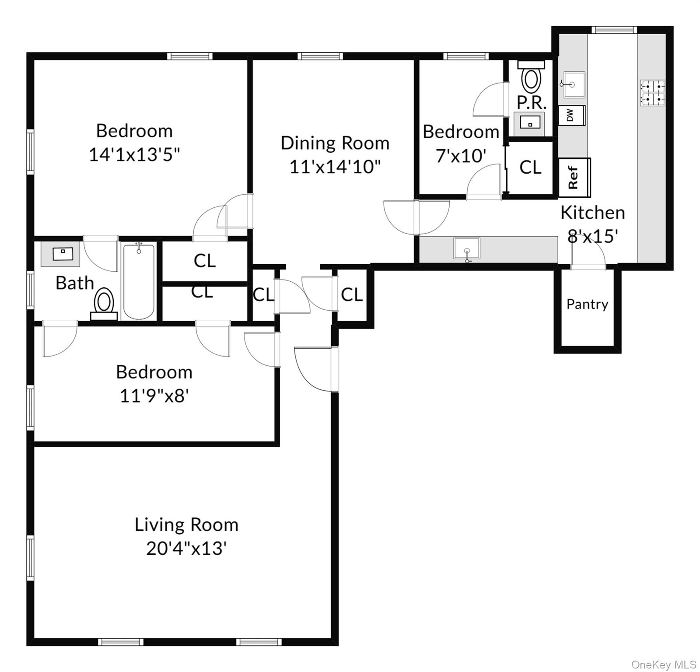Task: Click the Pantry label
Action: tap(587, 304)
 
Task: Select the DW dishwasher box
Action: tap(571, 115)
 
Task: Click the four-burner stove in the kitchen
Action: tap(652, 93)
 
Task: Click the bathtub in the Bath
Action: tap(139, 282)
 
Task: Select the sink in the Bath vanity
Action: tap(61, 253)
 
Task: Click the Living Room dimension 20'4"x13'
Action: tap(186, 548)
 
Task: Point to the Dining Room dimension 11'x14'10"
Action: tap(335, 167)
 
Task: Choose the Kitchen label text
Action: tap(592, 213)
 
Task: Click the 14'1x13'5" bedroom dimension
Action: tap(134, 154)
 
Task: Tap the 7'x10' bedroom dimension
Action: tap(461, 155)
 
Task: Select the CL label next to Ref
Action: tap(530, 167)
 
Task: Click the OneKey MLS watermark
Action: tap(664, 665)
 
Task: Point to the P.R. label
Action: tap(532, 103)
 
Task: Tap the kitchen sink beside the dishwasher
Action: tap(574, 85)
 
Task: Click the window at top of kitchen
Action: tap(613, 30)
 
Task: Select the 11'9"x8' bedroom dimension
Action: tap(154, 396)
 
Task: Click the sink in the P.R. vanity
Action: tap(530, 122)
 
